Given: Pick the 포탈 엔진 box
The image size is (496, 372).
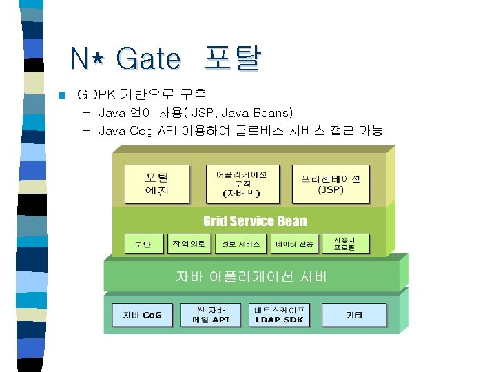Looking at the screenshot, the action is tap(157, 183).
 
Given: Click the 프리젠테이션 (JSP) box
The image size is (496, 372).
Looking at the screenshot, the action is tap(331, 183).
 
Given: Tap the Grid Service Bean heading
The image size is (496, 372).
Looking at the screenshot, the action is tap(254, 221).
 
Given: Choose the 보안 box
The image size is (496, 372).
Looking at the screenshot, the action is tap(143, 244).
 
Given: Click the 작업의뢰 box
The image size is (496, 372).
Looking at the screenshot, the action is tap(188, 243).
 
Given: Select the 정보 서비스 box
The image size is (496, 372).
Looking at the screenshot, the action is tap(240, 244).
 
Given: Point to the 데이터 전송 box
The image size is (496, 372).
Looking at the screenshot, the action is tap(294, 244).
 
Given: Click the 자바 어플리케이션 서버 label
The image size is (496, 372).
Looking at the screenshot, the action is tap(251, 276).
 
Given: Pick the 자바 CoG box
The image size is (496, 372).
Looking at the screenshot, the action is tap(143, 315).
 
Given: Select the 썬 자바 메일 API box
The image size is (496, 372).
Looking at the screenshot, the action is tap(211, 314).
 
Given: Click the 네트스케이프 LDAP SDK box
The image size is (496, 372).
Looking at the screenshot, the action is tap(279, 314).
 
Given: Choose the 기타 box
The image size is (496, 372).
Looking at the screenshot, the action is tap(354, 315).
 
